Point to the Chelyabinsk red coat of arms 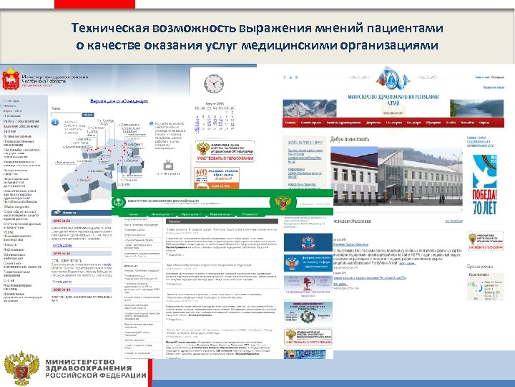[11, 77]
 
